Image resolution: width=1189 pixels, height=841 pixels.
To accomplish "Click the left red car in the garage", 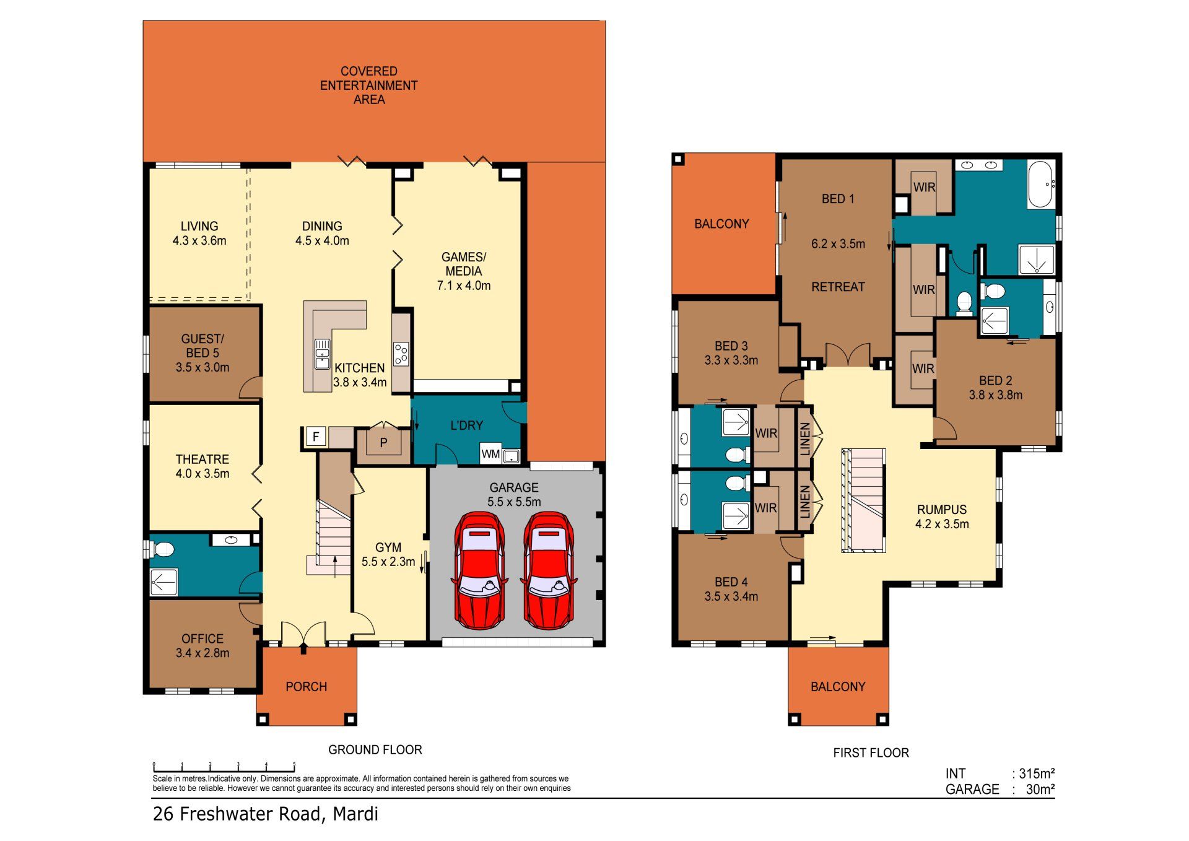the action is tap(480, 570).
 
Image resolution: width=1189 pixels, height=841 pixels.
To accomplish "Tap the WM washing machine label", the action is tap(490, 454).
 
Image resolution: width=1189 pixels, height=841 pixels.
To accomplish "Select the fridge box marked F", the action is tap(316, 437).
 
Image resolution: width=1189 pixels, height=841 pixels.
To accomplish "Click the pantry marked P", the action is tap(383, 442).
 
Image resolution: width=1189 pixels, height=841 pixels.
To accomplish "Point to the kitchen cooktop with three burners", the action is tap(401, 354).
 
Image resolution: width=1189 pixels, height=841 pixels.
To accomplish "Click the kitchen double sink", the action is tap(322, 354).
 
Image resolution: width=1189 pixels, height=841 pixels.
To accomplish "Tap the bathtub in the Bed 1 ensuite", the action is tap(1041, 184).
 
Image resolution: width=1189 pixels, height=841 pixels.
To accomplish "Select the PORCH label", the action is tap(306, 686).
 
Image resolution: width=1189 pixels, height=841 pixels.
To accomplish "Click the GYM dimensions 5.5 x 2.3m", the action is tap(388, 562).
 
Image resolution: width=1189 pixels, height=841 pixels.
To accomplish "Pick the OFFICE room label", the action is tap(203, 638).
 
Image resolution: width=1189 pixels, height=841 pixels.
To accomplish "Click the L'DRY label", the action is tap(466, 425).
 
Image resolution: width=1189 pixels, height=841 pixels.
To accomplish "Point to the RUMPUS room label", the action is tap(942, 509).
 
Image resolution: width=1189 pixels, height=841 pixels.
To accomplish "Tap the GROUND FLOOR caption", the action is tap(375, 749).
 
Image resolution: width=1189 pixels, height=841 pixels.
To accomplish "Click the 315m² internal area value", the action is tap(1037, 773).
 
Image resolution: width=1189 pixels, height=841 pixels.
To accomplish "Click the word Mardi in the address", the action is tap(355, 814).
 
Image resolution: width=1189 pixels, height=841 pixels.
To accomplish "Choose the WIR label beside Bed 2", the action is tap(923, 368).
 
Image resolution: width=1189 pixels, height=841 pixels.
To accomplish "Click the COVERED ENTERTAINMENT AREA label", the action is tap(369, 85).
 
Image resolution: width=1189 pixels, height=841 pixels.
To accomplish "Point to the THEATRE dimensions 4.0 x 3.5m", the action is tap(203, 474).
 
